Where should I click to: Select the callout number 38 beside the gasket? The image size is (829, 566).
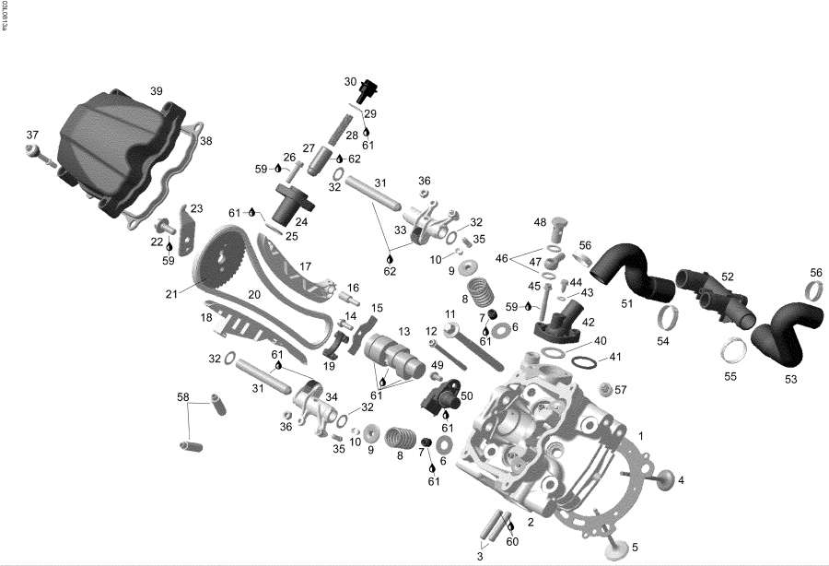(x=205, y=141)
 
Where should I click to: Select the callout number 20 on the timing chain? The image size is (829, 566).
(x=253, y=296)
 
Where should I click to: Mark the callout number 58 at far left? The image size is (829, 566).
(x=182, y=397)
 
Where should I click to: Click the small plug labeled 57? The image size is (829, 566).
(x=606, y=388)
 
